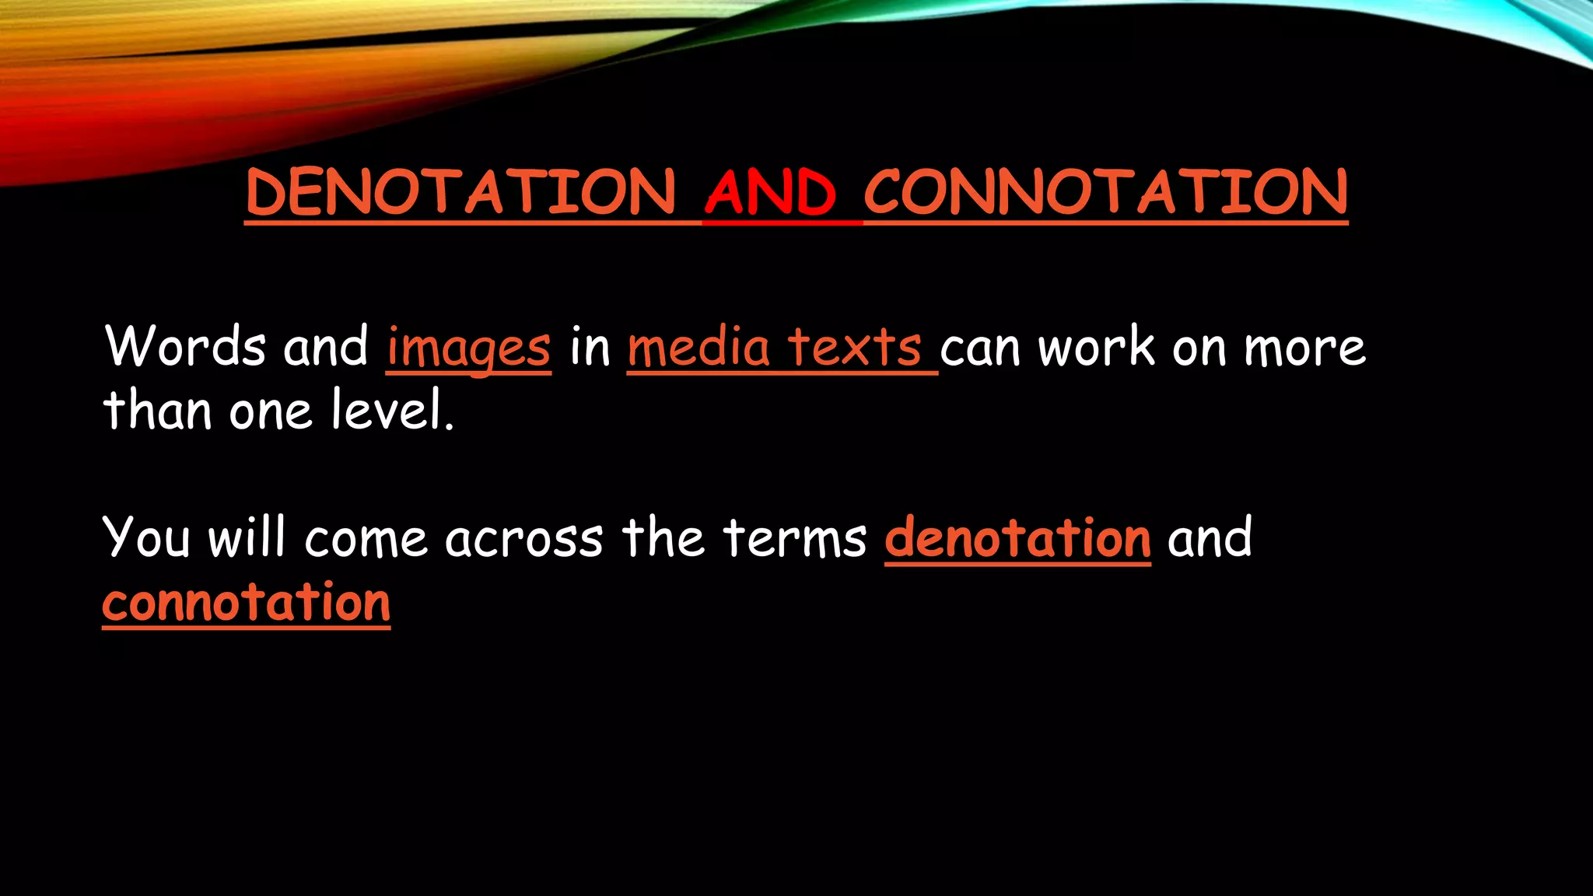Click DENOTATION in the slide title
coord(460,192)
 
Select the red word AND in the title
coord(770,192)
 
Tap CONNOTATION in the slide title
coord(1105,192)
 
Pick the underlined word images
coord(469,348)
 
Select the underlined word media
coord(698,346)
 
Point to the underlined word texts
coord(854,346)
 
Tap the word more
coord(1304,348)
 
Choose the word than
coord(157,410)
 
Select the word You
coord(146,537)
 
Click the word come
coord(366,539)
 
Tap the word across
coord(524,539)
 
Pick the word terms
coord(794,537)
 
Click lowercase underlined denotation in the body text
coord(1017,537)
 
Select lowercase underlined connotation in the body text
coord(246,603)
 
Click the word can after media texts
coord(980,348)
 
